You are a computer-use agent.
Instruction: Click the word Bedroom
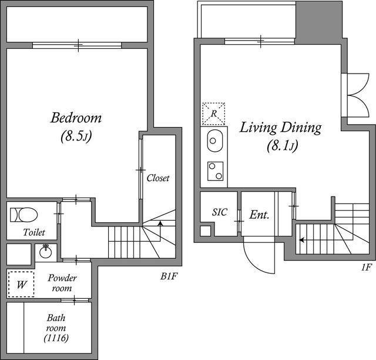tap(76, 118)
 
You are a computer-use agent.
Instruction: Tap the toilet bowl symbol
tap(23, 215)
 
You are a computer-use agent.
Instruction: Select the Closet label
tap(158, 178)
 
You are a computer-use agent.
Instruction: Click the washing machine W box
tap(21, 284)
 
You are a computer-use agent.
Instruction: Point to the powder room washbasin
tap(46, 252)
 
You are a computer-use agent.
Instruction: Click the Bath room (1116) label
tap(56, 328)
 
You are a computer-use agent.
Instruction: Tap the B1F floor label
tap(169, 276)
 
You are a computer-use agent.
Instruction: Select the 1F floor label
tap(366, 267)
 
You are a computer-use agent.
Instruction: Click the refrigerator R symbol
tap(214, 114)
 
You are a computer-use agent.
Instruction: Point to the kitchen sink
tap(215, 141)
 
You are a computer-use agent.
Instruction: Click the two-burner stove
tap(216, 171)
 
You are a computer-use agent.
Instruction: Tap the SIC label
tap(220, 212)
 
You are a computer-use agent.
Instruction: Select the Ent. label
tap(259, 215)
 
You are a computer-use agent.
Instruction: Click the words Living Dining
tap(281, 128)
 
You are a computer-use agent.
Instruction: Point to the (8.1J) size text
tap(283, 145)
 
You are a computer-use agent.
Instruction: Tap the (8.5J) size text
tap(76, 136)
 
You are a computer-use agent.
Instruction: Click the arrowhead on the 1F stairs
tap(301, 239)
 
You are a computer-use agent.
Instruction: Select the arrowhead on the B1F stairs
tap(160, 224)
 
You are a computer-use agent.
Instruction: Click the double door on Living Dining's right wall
tap(358, 95)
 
